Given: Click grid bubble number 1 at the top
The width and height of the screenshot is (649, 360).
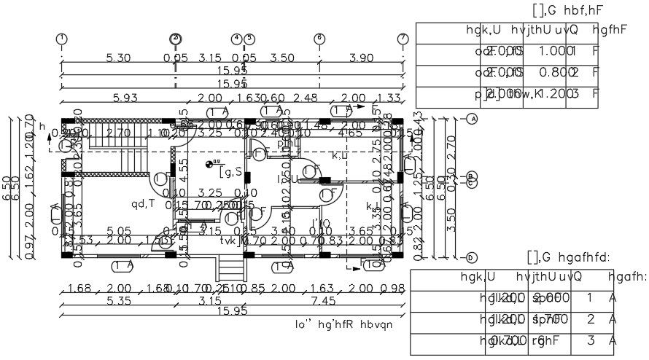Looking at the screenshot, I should [x=62, y=38].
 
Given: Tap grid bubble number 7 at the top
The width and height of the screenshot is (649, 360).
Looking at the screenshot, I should [x=403, y=38].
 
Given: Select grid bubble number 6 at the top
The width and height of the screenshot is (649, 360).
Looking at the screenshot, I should [x=319, y=38].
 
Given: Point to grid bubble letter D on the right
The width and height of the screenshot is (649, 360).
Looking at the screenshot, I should [x=472, y=257].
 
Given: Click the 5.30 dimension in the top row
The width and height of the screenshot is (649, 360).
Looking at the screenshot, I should [x=118, y=58].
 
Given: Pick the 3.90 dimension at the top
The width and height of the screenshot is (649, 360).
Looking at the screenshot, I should [x=362, y=58].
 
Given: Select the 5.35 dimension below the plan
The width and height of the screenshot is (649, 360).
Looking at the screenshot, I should [x=118, y=300].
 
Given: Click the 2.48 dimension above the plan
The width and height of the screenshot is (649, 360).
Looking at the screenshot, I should [x=307, y=98].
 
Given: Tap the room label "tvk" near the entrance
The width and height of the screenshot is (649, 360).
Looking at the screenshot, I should [x=230, y=241].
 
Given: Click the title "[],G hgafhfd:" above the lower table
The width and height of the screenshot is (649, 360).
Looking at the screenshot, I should [x=568, y=257].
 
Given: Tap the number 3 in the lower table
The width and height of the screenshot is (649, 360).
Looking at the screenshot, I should [x=589, y=340].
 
